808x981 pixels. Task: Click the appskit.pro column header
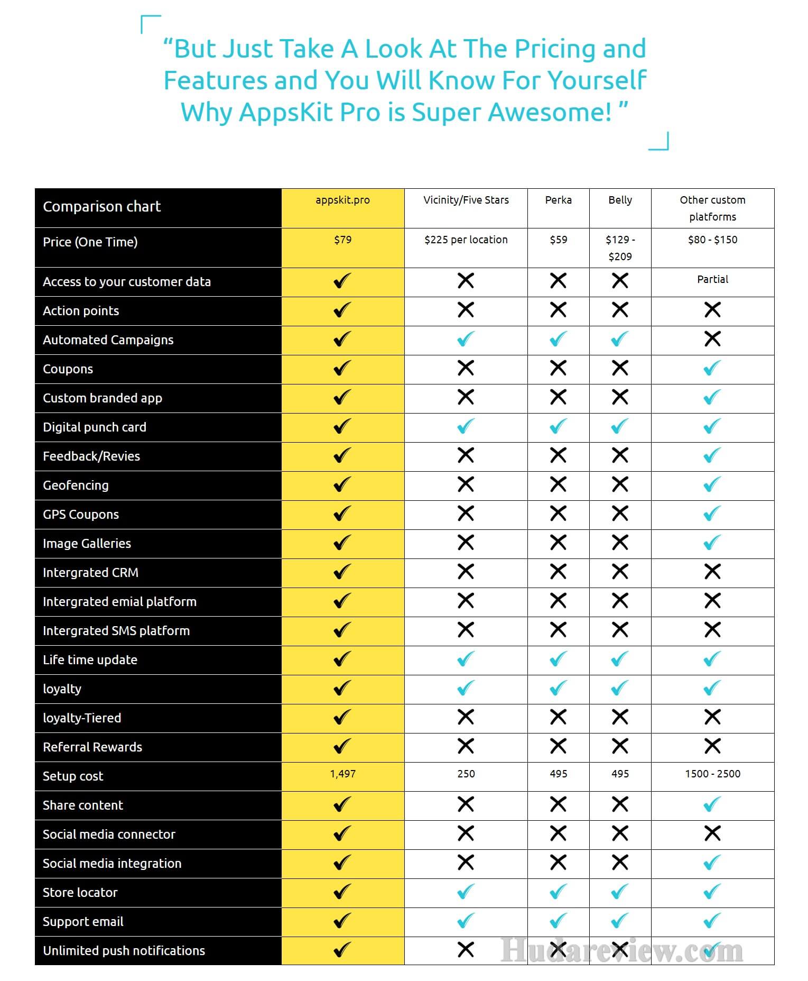[x=342, y=200]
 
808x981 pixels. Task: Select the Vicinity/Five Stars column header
[x=466, y=200]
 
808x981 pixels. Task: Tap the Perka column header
[x=558, y=200]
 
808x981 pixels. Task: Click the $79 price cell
[x=342, y=240]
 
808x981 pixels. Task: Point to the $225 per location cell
[x=466, y=240]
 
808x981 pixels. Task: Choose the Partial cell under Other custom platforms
[x=712, y=279]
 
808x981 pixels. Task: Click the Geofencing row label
[x=76, y=485]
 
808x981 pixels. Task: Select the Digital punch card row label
[x=95, y=427]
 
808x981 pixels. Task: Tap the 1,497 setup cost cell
[x=342, y=774]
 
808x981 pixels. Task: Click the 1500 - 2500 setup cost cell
[x=712, y=774]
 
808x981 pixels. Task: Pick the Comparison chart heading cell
[x=101, y=207]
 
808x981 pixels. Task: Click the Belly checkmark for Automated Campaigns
[x=620, y=338]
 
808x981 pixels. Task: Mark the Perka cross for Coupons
[x=558, y=368]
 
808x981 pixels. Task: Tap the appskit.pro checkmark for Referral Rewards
[x=342, y=746]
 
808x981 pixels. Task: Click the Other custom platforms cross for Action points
[x=712, y=309]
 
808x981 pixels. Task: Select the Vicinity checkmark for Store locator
[x=466, y=892]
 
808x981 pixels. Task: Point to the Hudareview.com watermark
[x=621, y=950]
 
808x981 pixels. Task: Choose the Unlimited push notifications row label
[x=124, y=951]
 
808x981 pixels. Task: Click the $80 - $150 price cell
[x=712, y=240]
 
